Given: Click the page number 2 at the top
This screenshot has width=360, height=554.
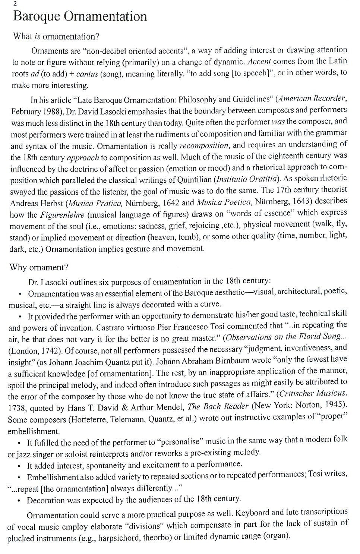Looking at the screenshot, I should [15, 4].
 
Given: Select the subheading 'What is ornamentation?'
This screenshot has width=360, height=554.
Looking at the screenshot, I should [56, 37].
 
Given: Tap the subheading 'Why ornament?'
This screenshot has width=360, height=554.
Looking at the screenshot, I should [38, 267].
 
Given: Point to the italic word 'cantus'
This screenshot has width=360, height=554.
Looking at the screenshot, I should [89, 74].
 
